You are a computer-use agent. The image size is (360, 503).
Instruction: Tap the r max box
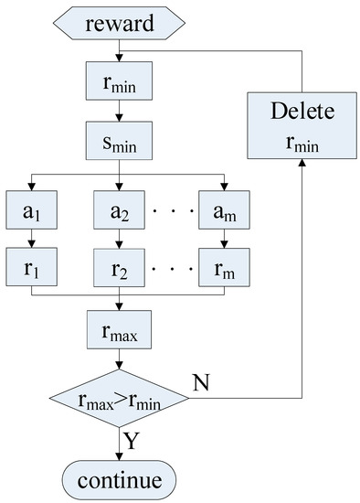[119, 332]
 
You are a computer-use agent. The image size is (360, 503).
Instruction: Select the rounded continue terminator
[119, 478]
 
